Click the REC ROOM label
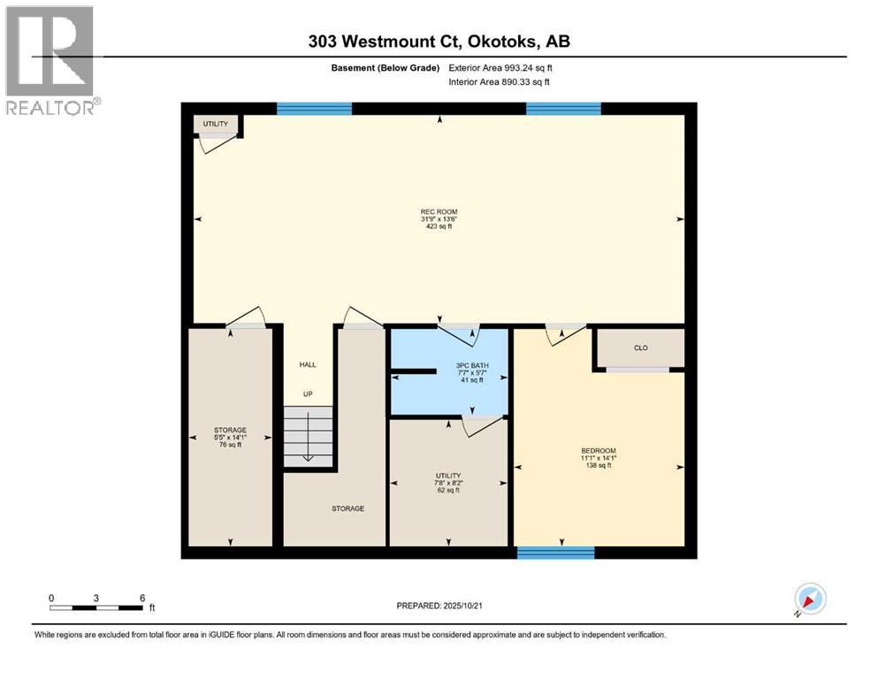tap(438, 211)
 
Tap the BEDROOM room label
tap(599, 451)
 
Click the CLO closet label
tap(641, 347)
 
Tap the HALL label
tap(308, 364)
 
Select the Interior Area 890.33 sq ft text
tap(500, 82)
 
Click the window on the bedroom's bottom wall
tap(555, 553)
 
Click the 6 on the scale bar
tap(142, 598)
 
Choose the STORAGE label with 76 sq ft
tap(230, 430)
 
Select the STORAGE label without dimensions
tap(347, 508)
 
